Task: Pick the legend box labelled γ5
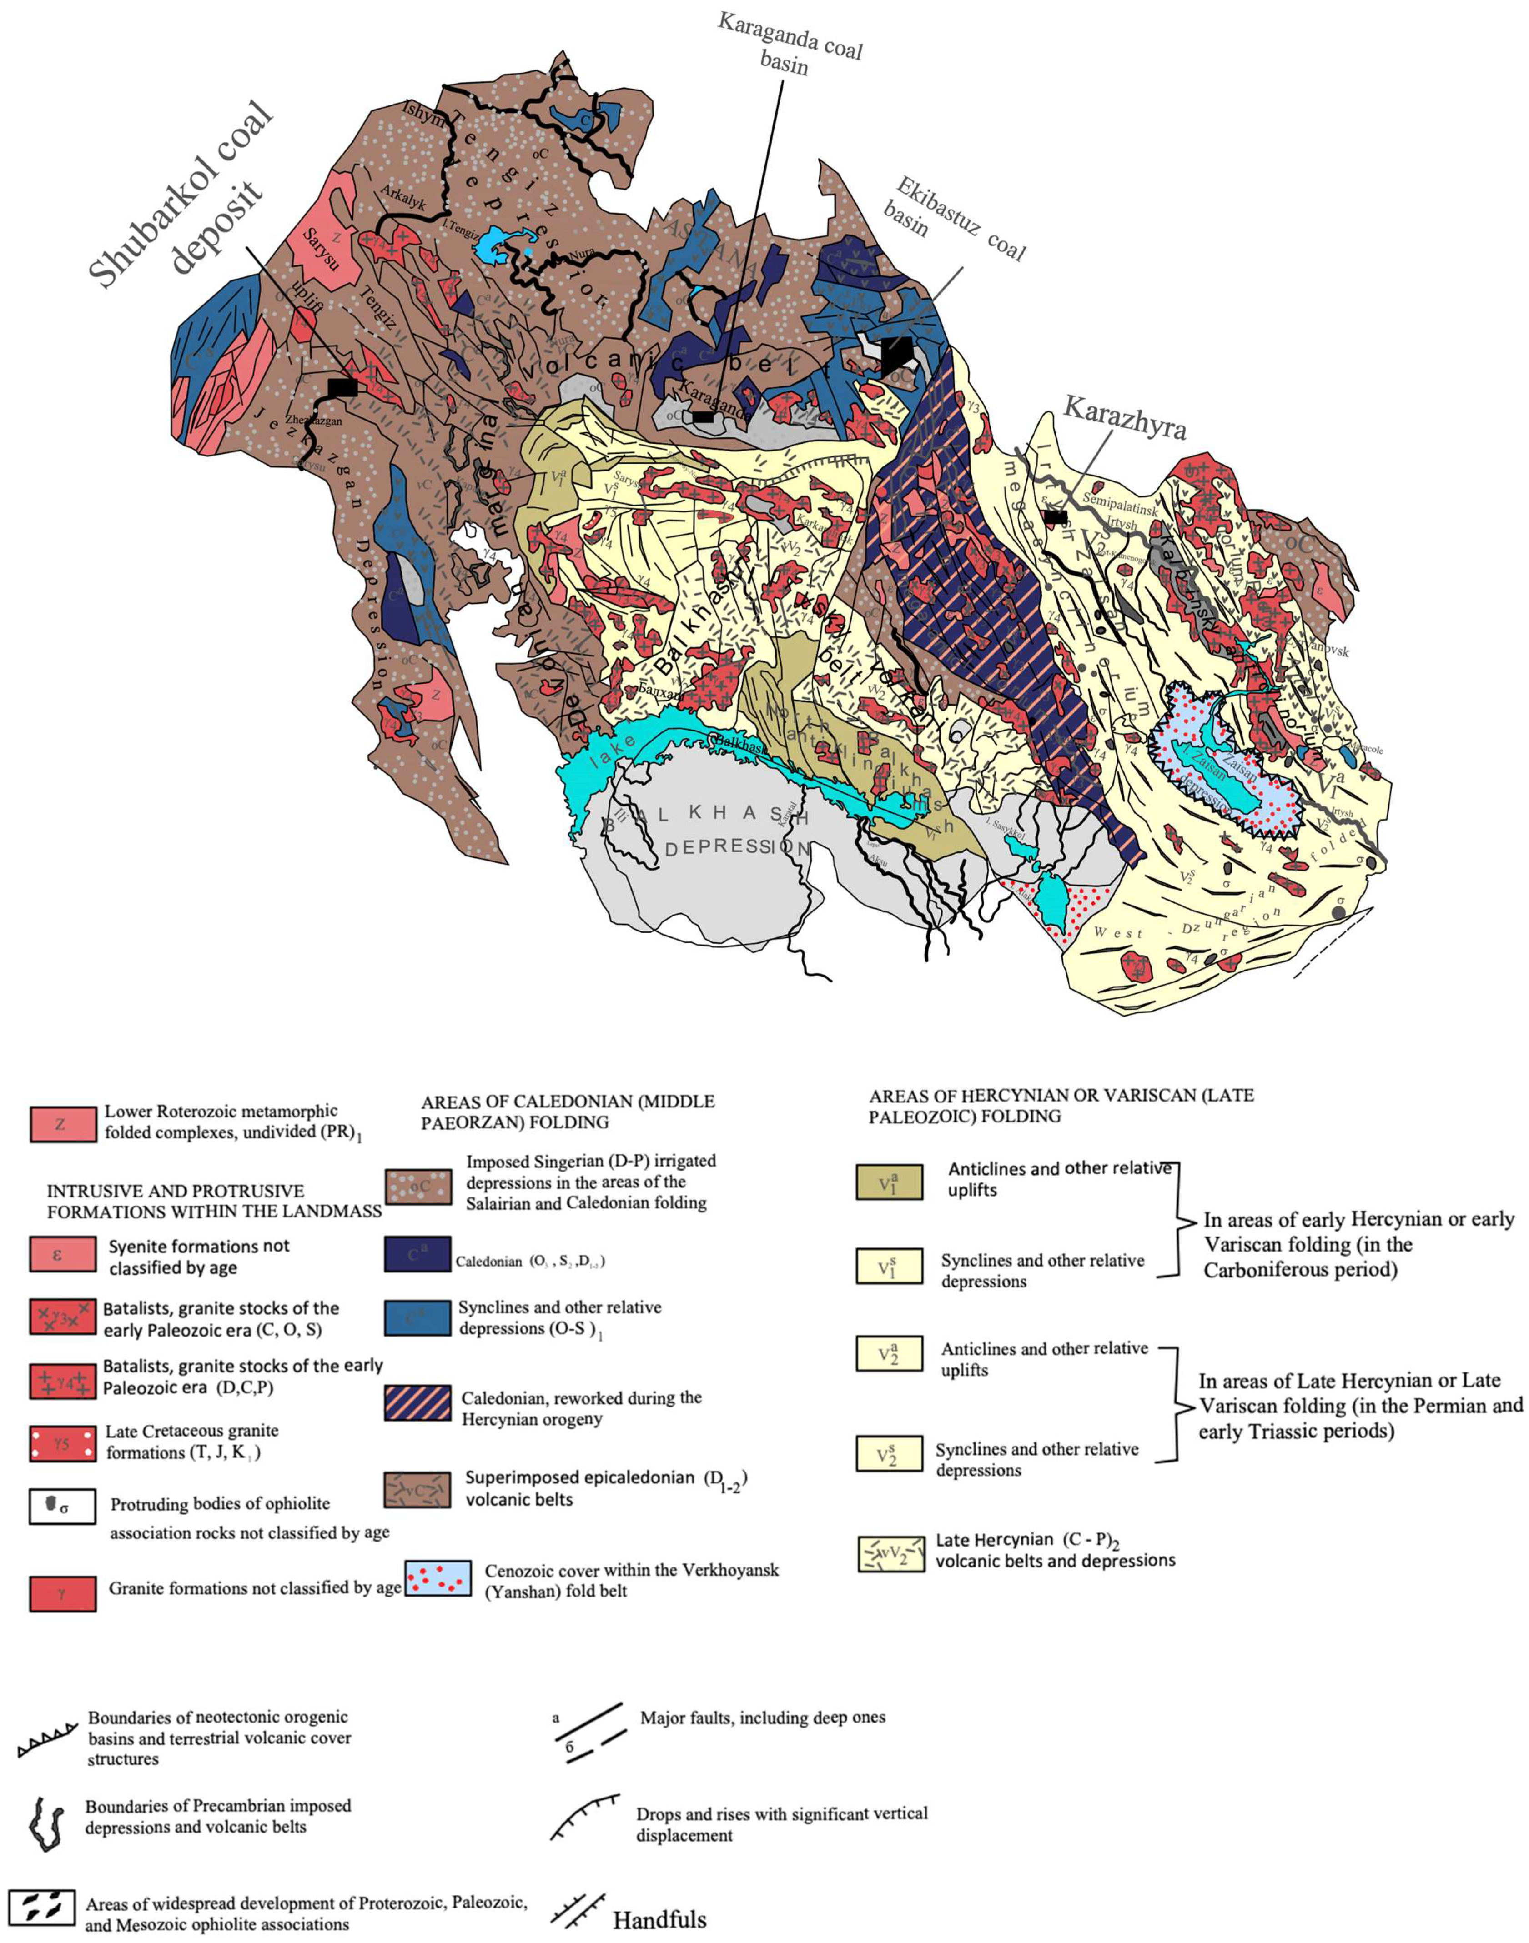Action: tap(63, 1443)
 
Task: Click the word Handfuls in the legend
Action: tap(660, 1920)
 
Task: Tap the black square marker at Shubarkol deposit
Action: tap(342, 387)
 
